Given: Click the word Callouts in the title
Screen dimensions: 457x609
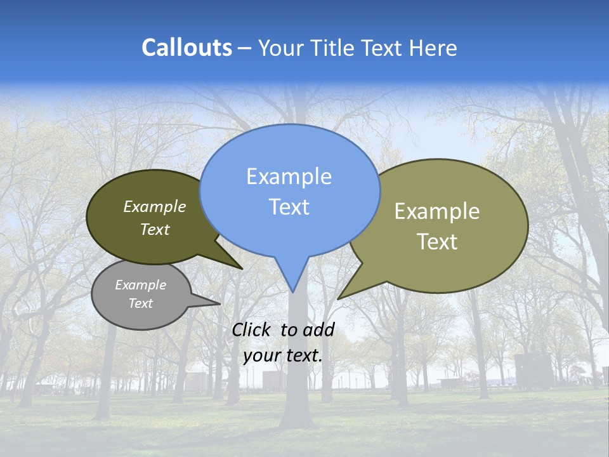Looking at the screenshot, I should [187, 48].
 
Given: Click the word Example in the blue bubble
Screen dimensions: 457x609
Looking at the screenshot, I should [289, 176].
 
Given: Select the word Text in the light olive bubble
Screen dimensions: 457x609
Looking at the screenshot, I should [437, 242].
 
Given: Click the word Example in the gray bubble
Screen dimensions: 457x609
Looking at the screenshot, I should [140, 285].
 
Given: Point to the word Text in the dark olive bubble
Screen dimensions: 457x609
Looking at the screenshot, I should [155, 229].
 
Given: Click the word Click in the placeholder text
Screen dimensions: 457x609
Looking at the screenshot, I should [252, 329].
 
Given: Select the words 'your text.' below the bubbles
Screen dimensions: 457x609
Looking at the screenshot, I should [283, 355].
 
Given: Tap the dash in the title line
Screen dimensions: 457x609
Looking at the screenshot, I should [245, 48].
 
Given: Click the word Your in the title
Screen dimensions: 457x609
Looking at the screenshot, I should [280, 48].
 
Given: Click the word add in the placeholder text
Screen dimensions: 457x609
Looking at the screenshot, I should [318, 329].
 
